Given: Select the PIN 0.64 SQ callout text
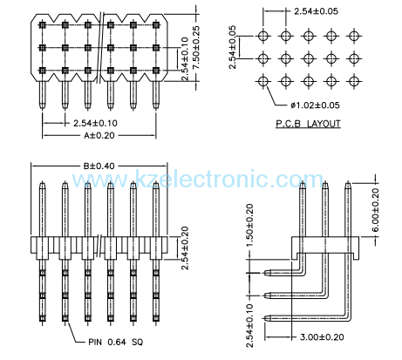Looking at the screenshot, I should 117,342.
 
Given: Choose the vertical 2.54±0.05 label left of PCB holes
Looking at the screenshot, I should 234,48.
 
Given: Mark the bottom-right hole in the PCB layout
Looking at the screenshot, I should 353,82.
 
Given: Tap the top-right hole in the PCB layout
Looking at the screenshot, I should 353,37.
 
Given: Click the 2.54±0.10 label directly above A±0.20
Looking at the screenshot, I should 85,123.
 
